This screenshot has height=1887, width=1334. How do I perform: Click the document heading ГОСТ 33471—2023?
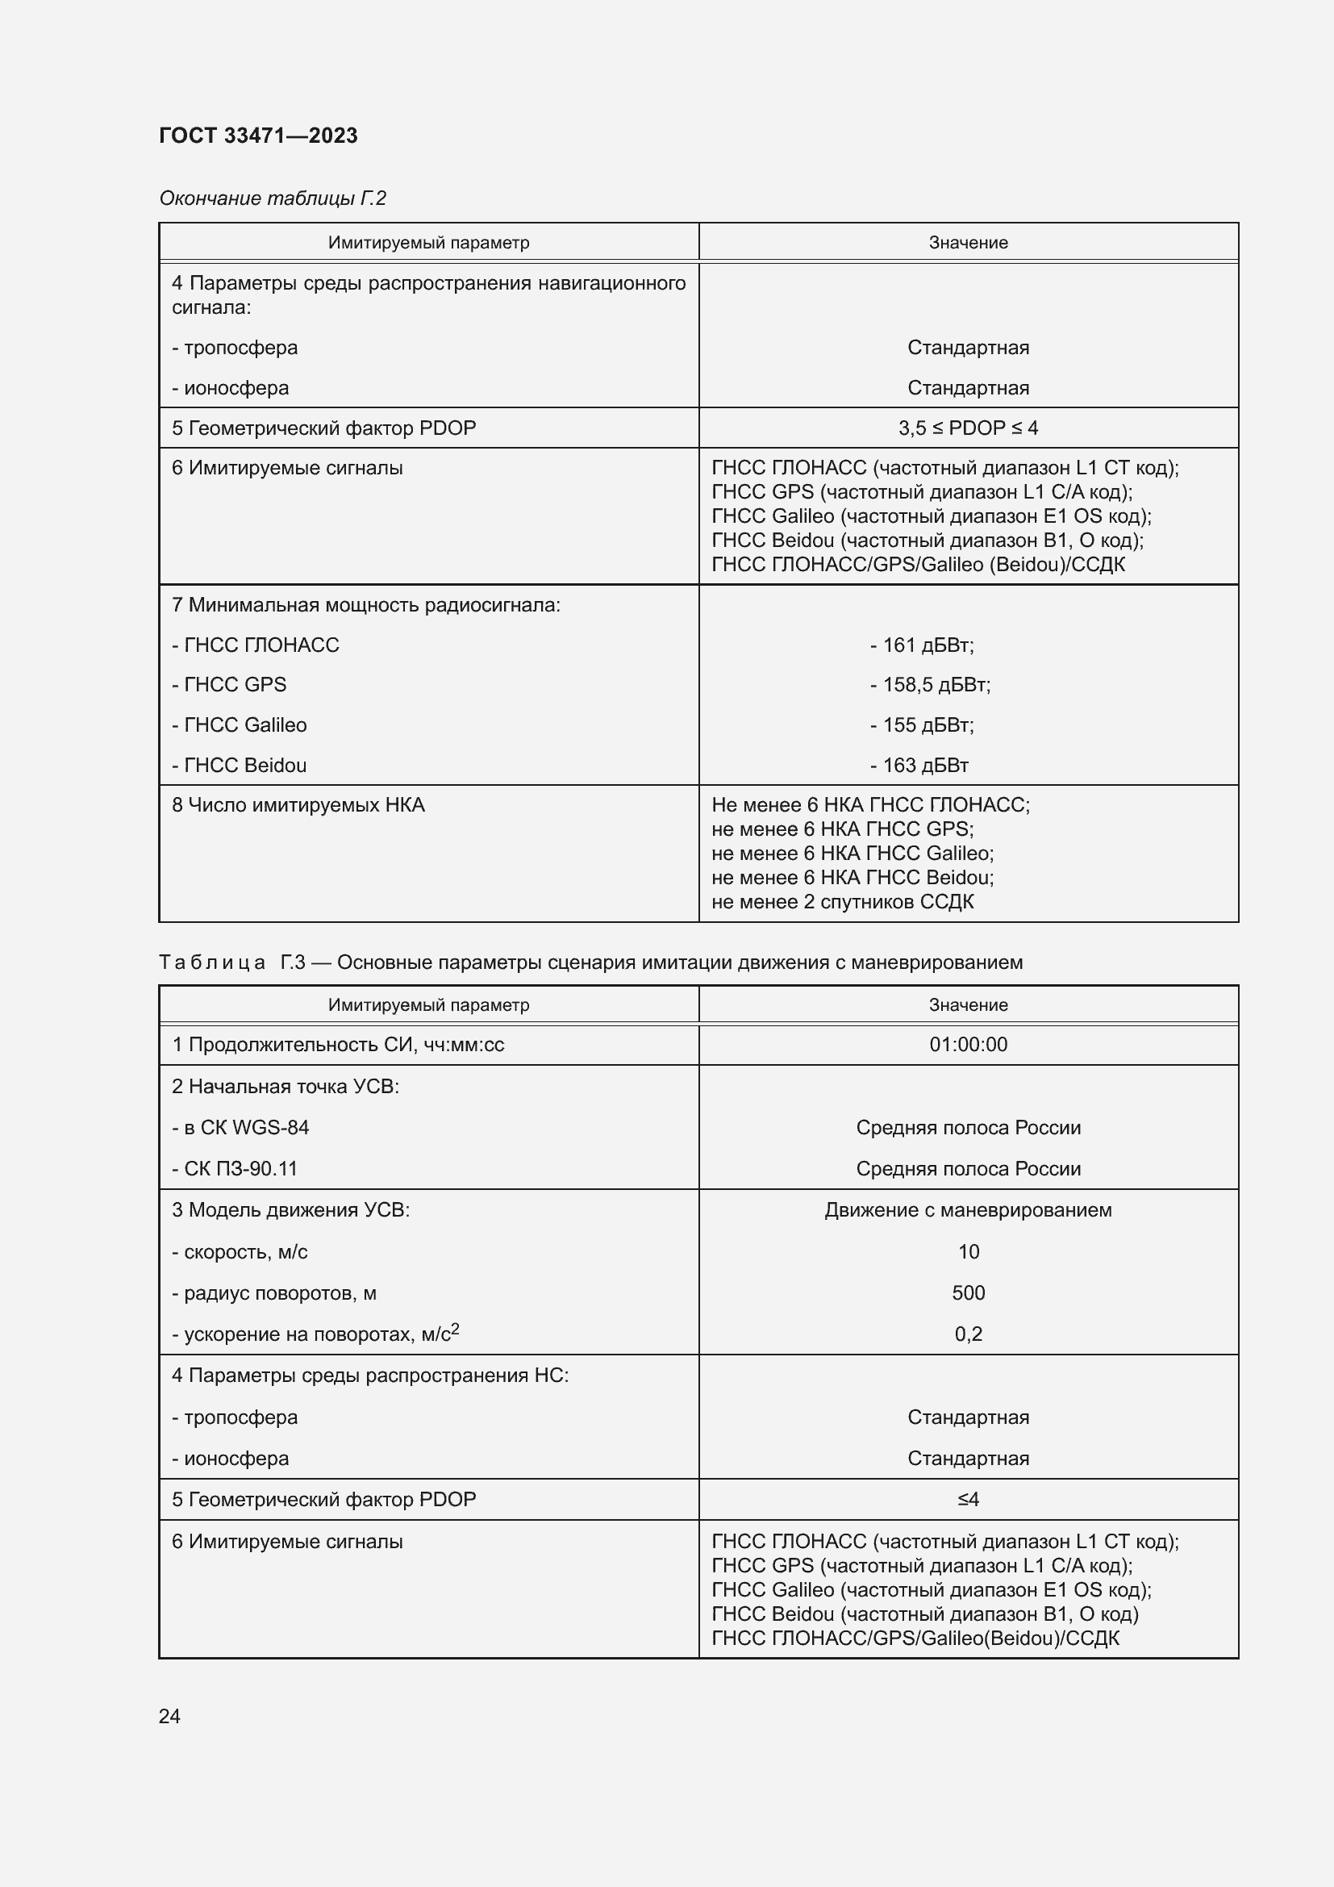tap(258, 136)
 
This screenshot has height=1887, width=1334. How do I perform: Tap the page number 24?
tap(169, 1716)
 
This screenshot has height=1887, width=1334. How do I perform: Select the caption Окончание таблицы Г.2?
tap(272, 198)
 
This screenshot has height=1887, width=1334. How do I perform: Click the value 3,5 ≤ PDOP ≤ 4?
tap(968, 428)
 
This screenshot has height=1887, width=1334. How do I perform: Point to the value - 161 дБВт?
tap(922, 645)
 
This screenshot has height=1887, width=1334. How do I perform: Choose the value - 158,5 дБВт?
tap(930, 685)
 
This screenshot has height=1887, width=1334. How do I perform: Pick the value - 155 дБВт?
tap(922, 725)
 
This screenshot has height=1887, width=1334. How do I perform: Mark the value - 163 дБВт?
tap(919, 765)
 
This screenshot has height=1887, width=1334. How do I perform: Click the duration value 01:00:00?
tap(968, 1045)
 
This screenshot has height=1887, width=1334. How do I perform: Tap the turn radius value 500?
tap(968, 1292)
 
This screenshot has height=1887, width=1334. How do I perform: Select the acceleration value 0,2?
tap(968, 1334)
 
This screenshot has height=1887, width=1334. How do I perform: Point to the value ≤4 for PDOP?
tap(968, 1499)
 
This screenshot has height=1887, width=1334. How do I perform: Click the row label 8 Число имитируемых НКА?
tap(298, 805)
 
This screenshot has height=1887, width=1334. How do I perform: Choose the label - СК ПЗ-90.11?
tap(235, 1169)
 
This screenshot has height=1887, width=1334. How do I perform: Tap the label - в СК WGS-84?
tap(240, 1128)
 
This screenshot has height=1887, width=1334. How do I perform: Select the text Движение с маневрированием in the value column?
tap(968, 1210)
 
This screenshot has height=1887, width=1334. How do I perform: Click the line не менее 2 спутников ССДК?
tap(842, 902)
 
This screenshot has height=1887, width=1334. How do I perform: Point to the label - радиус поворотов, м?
tap(273, 1292)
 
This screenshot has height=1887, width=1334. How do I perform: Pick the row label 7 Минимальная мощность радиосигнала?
tap(365, 605)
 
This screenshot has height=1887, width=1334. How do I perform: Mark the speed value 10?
tap(968, 1252)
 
